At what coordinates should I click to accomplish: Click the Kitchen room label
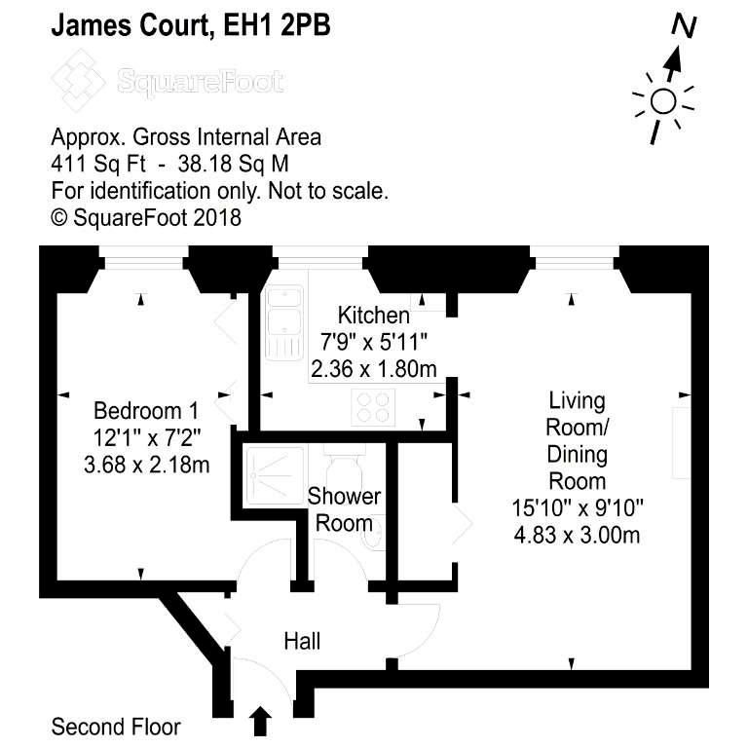(x=374, y=316)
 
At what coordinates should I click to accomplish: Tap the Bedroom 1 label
(x=146, y=411)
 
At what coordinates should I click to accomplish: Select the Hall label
(x=302, y=641)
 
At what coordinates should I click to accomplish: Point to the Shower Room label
(x=344, y=509)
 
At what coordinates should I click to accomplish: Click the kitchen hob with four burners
(x=373, y=407)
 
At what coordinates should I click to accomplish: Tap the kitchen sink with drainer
(x=284, y=322)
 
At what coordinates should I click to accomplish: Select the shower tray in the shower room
(x=274, y=475)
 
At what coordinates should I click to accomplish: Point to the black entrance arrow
(x=260, y=721)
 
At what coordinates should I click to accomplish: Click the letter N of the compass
(x=685, y=26)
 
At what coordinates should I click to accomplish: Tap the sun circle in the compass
(x=663, y=101)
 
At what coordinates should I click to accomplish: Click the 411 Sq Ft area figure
(x=98, y=164)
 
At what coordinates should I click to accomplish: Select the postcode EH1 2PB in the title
(x=277, y=25)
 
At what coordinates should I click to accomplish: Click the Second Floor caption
(x=116, y=727)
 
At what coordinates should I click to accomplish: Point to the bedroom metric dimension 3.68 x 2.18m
(x=146, y=465)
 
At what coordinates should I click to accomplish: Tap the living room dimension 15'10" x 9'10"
(x=578, y=508)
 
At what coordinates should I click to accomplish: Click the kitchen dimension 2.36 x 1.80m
(x=374, y=369)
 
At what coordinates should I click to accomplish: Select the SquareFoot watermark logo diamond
(x=78, y=81)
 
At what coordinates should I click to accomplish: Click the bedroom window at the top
(x=143, y=258)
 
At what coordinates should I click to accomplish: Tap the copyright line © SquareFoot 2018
(x=146, y=217)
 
